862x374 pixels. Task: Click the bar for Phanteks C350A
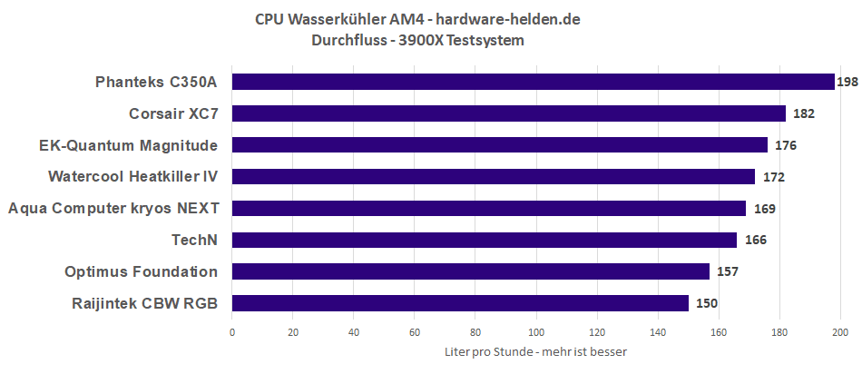[x=534, y=83]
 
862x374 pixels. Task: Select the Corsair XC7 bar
[x=509, y=113]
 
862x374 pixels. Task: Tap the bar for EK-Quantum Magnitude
[x=500, y=145]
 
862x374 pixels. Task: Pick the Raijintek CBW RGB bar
[x=460, y=302]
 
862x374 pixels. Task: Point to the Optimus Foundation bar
[x=471, y=271]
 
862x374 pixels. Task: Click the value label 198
[x=847, y=83]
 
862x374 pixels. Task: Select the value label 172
[x=773, y=177]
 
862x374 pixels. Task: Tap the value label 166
[x=755, y=240]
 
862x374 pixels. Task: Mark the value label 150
[x=707, y=303]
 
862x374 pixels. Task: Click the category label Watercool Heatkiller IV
[x=133, y=176]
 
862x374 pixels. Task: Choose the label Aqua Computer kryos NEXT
[x=113, y=208]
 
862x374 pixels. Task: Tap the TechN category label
[x=195, y=240]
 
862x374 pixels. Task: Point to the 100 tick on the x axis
[x=536, y=332]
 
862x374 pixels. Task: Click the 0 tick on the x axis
[x=232, y=332]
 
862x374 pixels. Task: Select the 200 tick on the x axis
[x=840, y=332]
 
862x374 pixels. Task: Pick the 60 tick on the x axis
[x=415, y=332]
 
